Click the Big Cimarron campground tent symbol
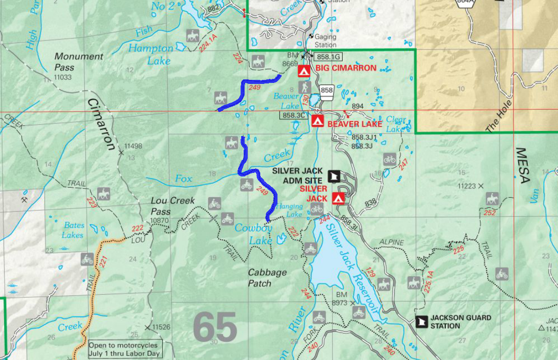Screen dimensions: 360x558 304,71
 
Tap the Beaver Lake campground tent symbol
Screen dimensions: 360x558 317,121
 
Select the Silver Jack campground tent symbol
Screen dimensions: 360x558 338,198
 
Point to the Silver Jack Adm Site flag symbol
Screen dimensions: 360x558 334,176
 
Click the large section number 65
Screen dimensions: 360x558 215,327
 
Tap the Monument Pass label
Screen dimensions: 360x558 78,62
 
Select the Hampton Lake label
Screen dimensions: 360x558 150,54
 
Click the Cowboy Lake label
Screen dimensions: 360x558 254,234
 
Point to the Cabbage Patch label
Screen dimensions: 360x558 267,278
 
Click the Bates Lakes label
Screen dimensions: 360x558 74,230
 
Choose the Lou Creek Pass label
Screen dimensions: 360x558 173,205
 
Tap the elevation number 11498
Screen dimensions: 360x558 134,146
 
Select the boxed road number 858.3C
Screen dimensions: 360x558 294,115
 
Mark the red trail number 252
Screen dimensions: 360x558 489,213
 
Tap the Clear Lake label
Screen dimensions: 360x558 396,124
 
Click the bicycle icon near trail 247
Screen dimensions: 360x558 389,159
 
